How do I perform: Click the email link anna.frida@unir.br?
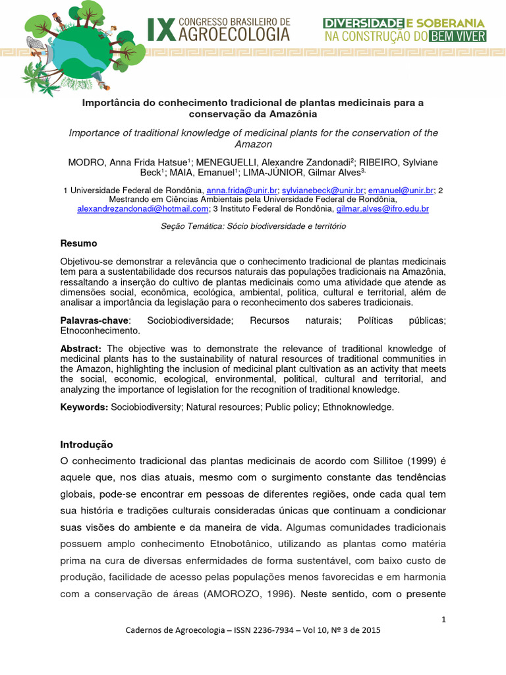tap(242, 190)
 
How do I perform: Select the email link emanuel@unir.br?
tap(401, 190)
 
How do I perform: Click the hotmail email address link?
tap(142, 208)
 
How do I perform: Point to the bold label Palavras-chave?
tap(94, 320)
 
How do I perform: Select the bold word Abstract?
tap(81, 349)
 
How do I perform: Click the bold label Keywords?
tap(84, 407)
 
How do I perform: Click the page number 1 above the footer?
tap(443, 619)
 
